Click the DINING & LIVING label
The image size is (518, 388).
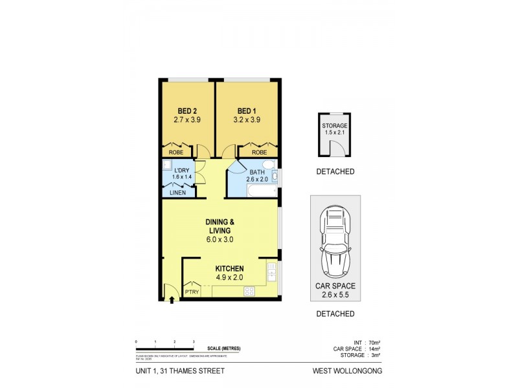coord(220,226)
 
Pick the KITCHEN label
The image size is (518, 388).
coord(229,269)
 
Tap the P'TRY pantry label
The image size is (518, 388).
coord(192,292)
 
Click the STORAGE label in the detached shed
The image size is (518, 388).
coord(335,125)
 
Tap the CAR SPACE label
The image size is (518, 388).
coord(335,286)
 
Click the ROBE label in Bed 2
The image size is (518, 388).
coord(176,152)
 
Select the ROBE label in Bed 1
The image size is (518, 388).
coord(259,152)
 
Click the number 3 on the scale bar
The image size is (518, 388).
coord(194,341)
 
